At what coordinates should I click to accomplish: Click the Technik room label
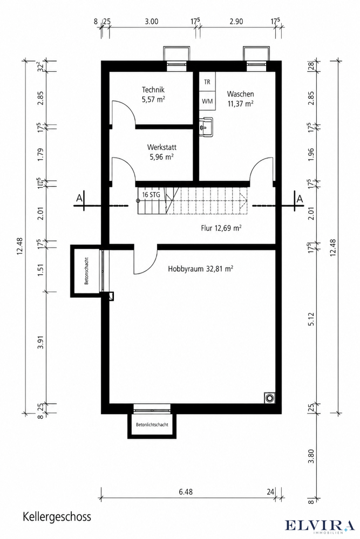pyautogui.click(x=153, y=90)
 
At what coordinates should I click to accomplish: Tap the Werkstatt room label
pyautogui.click(x=162, y=147)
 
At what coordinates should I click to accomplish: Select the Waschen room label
pyautogui.click(x=240, y=94)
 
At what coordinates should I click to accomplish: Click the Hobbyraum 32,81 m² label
pyautogui.click(x=201, y=269)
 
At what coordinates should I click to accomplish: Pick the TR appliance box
pyautogui.click(x=207, y=82)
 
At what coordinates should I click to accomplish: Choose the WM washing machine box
pyautogui.click(x=207, y=101)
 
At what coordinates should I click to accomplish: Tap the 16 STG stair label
pyautogui.click(x=151, y=195)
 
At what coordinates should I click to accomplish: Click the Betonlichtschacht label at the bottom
pyautogui.click(x=152, y=425)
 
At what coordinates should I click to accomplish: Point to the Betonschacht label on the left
pyautogui.click(x=86, y=271)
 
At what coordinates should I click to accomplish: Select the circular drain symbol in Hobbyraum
pyautogui.click(x=269, y=398)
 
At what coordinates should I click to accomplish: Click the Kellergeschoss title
pyautogui.click(x=57, y=517)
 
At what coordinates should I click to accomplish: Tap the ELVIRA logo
pyautogui.click(x=320, y=526)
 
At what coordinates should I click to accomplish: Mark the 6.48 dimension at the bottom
pyautogui.click(x=186, y=492)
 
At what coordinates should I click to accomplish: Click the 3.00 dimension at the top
pyautogui.click(x=151, y=22)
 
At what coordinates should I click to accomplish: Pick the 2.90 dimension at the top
pyautogui.click(x=236, y=22)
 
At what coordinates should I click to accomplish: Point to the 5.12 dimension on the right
pyautogui.click(x=311, y=319)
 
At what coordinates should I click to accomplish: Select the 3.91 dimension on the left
pyautogui.click(x=41, y=342)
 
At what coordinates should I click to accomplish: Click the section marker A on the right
pyautogui.click(x=300, y=199)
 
